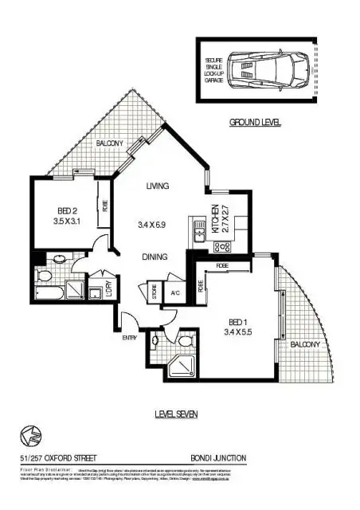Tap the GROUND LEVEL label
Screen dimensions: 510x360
tap(256, 124)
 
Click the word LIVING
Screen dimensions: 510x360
tap(158, 186)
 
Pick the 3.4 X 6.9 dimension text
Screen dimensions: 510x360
tap(156, 226)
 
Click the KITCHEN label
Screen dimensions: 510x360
tap(214, 218)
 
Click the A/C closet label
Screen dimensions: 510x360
tap(175, 292)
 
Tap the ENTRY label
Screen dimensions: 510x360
tap(129, 338)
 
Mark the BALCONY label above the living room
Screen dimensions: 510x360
tap(109, 143)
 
